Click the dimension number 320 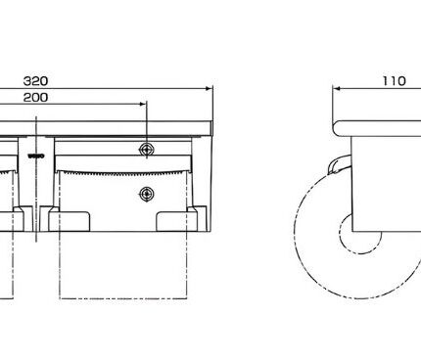tap(36, 81)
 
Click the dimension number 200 tap(36, 97)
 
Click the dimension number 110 tap(395, 81)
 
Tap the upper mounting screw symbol tap(147, 150)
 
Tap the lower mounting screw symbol tap(147, 195)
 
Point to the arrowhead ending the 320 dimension tap(209, 88)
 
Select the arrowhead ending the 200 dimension tap(142, 105)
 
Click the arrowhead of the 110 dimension tap(337, 88)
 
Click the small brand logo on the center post tap(36, 157)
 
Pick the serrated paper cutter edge tap(123, 172)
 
